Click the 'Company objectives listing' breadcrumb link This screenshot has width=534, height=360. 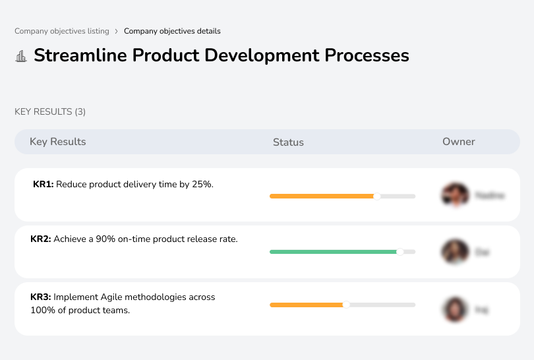[62, 31]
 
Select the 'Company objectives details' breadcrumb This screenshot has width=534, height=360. [172, 31]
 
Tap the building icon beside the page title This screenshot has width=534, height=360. [21, 56]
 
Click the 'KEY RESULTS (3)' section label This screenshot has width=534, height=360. [50, 112]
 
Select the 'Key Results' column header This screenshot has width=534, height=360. [58, 142]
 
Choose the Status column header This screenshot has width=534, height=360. [288, 142]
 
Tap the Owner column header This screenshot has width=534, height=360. [459, 142]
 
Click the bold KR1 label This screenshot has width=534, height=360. [43, 185]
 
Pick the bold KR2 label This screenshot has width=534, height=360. [41, 239]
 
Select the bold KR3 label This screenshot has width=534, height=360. [41, 297]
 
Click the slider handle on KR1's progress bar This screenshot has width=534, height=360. [377, 196]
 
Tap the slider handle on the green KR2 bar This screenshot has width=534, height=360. [400, 252]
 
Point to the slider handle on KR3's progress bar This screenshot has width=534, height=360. [346, 305]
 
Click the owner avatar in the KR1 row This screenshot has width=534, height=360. [454, 195]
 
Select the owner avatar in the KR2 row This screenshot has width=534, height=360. [454, 252]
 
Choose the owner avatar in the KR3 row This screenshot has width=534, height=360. [454, 309]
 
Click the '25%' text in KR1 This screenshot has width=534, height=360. [202, 185]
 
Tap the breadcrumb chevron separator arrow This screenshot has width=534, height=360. [117, 31]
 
